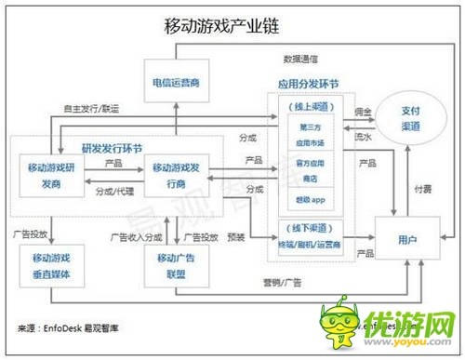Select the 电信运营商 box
pyautogui.click(x=174, y=82)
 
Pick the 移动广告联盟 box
pyautogui.click(x=174, y=263)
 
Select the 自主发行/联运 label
pyautogui.click(x=91, y=110)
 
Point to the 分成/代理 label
pyautogui.click(x=113, y=191)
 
